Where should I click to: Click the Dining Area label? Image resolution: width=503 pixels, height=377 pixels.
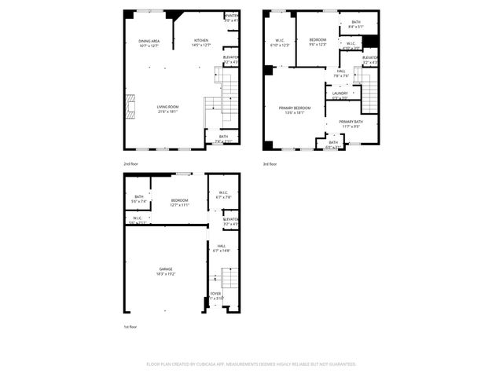pyautogui.click(x=149, y=41)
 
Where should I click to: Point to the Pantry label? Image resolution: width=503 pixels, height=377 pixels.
pyautogui.click(x=232, y=16)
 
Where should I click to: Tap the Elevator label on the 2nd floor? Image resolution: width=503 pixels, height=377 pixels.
pyautogui.click(x=231, y=57)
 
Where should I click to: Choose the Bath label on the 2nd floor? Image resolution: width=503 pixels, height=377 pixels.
pyautogui.click(x=224, y=137)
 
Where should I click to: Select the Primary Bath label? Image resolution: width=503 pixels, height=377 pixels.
pyautogui.click(x=351, y=121)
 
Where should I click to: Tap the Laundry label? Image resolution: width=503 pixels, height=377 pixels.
pyautogui.click(x=340, y=94)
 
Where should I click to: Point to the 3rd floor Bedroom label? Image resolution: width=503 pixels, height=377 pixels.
pyautogui.click(x=318, y=39)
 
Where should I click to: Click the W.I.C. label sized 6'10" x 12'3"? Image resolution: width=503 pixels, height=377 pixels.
pyautogui.click(x=281, y=42)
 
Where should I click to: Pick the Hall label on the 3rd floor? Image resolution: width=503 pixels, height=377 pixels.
pyautogui.click(x=341, y=71)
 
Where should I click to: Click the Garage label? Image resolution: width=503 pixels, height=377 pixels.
pyautogui.click(x=166, y=269)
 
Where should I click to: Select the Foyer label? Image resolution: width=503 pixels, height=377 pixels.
pyautogui.click(x=215, y=295)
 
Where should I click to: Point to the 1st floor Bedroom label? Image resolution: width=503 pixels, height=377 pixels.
pyautogui.click(x=180, y=200)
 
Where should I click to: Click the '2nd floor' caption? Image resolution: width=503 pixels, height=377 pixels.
pyautogui.click(x=130, y=163)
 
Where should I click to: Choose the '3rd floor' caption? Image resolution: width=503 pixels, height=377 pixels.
pyautogui.click(x=270, y=163)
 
